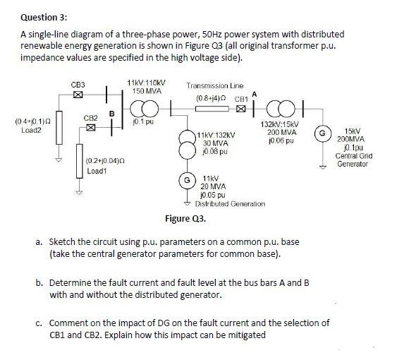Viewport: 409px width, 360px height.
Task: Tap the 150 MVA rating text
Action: (147, 91)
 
